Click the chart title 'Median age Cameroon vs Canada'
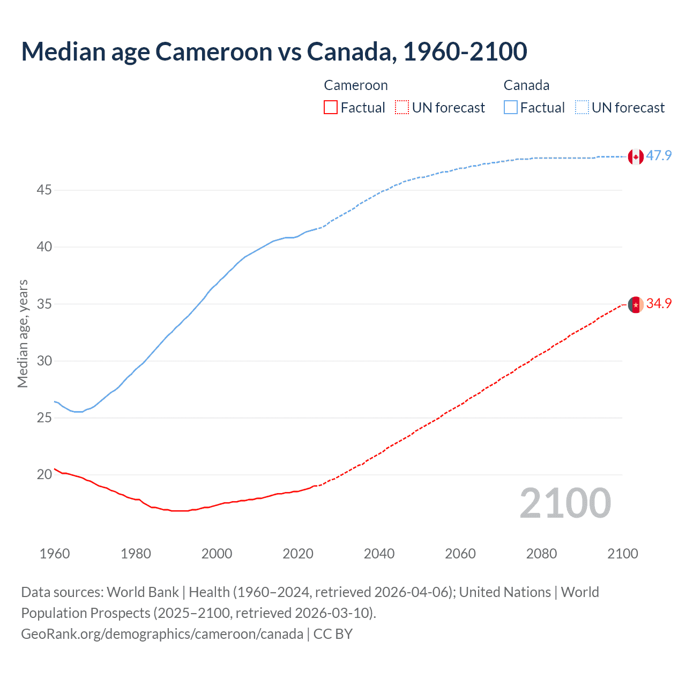pyautogui.click(x=274, y=52)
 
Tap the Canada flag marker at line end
pyautogui.click(x=636, y=157)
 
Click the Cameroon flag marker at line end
pyautogui.click(x=636, y=304)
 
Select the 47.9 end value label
pyautogui.click(x=659, y=156)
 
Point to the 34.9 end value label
pyautogui.click(x=659, y=303)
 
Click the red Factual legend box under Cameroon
pyautogui.click(x=331, y=108)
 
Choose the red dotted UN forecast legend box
pyautogui.click(x=401, y=108)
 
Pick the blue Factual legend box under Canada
pyautogui.click(x=510, y=108)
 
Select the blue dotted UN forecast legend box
pyautogui.click(x=581, y=108)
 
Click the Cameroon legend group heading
pyautogui.click(x=355, y=86)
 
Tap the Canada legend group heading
pyautogui.click(x=526, y=86)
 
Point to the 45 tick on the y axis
pyautogui.click(x=44, y=190)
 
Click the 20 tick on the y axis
pyautogui.click(x=44, y=475)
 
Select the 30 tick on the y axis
pyautogui.click(x=44, y=361)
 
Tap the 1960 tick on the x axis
pyautogui.click(x=55, y=554)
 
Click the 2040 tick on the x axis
pyautogui.click(x=379, y=554)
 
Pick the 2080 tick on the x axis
pyautogui.click(x=541, y=554)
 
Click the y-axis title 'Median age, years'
pyautogui.click(x=23, y=333)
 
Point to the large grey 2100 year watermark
pyautogui.click(x=565, y=503)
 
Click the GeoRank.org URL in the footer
pyautogui.click(x=162, y=634)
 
